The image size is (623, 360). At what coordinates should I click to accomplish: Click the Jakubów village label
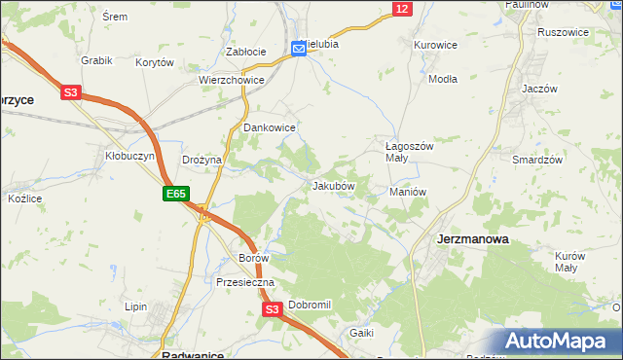point(333,185)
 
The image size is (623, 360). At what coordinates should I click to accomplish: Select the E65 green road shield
point(175,195)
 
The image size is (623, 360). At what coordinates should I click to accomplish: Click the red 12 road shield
point(402,8)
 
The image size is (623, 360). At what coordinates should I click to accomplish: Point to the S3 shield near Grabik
point(70,93)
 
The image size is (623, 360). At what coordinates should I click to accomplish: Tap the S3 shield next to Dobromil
point(273,309)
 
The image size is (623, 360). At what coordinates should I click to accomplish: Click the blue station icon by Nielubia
point(299,48)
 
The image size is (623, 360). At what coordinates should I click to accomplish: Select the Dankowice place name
point(269,127)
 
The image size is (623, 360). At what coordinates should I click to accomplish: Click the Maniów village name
point(408,192)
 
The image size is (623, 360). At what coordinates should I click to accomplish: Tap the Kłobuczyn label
point(125,155)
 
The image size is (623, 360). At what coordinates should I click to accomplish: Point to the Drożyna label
point(202,160)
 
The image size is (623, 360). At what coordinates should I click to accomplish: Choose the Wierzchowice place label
point(231,81)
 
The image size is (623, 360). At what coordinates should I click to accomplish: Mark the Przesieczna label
point(246,282)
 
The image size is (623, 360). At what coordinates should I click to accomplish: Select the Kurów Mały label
point(569,262)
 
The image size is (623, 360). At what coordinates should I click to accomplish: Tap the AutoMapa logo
point(561,342)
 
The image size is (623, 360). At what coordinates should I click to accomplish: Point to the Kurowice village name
point(435,45)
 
